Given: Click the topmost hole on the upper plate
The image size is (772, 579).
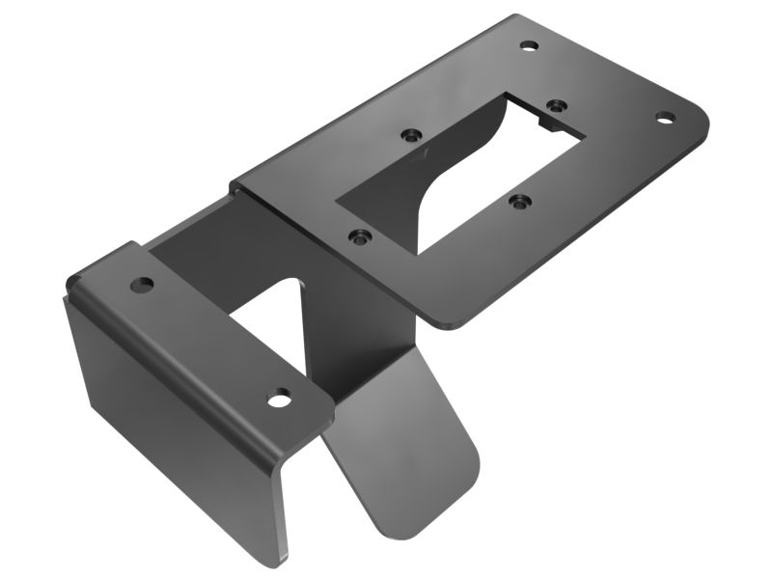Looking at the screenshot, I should coord(528,45).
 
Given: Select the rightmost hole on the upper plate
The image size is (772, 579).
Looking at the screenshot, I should coord(664,118).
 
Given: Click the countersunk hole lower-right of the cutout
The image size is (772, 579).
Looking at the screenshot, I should coord(521,203).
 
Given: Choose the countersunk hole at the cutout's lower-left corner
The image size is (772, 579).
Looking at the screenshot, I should coord(359,234).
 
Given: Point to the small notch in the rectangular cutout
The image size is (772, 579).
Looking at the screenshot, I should coord(547,124).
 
